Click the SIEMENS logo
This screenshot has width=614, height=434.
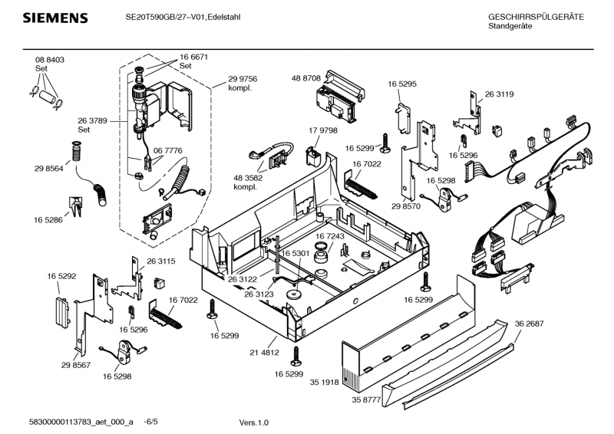coord(54,18)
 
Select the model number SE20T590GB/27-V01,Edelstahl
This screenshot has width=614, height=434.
coord(183,17)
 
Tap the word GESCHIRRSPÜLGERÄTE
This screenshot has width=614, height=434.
coord(536,17)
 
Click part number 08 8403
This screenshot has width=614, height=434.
coord(49,60)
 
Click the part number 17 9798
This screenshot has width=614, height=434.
coord(323,130)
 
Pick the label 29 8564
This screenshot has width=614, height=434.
coord(48,168)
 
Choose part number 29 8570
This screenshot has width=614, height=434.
coord(407,207)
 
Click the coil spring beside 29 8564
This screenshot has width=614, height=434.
coord(76,151)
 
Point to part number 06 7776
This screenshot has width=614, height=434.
coord(168,151)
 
